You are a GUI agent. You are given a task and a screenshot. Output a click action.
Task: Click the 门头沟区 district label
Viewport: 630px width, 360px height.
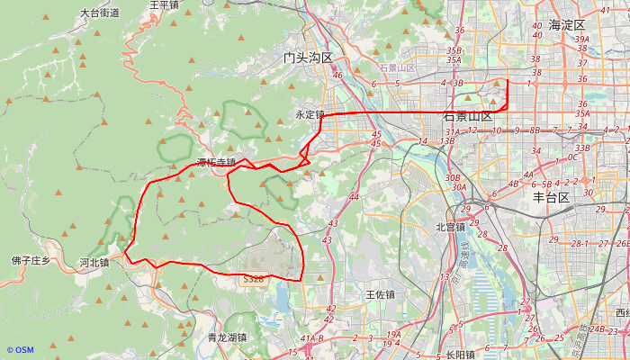point(308,58)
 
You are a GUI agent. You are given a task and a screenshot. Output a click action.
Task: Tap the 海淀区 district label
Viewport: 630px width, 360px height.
point(567,25)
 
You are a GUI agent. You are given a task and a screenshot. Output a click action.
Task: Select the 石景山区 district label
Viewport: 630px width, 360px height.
point(468,117)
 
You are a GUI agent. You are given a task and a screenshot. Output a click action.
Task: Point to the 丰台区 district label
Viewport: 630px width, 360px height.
point(552,197)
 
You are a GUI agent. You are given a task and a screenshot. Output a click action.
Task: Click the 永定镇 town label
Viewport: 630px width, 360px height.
point(309,115)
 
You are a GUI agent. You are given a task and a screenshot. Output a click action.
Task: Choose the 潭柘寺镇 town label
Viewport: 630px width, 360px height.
point(216,163)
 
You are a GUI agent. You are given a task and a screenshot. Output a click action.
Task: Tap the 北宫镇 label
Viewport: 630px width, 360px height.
point(450,228)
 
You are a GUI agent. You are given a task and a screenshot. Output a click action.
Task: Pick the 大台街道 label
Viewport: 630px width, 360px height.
point(99,13)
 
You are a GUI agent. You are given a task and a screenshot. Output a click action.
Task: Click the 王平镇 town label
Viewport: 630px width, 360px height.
point(164,5)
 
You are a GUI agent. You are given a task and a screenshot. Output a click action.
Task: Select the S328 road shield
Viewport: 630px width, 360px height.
point(254,280)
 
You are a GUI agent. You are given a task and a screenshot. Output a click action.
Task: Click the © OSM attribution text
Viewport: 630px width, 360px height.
point(20,350)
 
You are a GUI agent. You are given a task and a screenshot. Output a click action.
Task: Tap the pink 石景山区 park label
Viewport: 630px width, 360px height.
point(397,68)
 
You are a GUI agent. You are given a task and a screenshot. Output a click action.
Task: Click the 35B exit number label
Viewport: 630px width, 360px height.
point(454,51)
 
